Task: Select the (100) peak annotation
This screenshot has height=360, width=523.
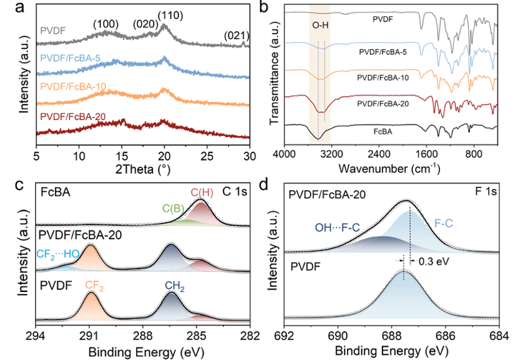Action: [105, 24]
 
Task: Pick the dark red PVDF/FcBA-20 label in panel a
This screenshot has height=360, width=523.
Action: [75, 116]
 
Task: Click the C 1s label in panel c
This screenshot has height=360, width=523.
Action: [233, 193]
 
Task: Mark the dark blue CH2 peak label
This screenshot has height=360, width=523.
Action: [173, 285]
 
